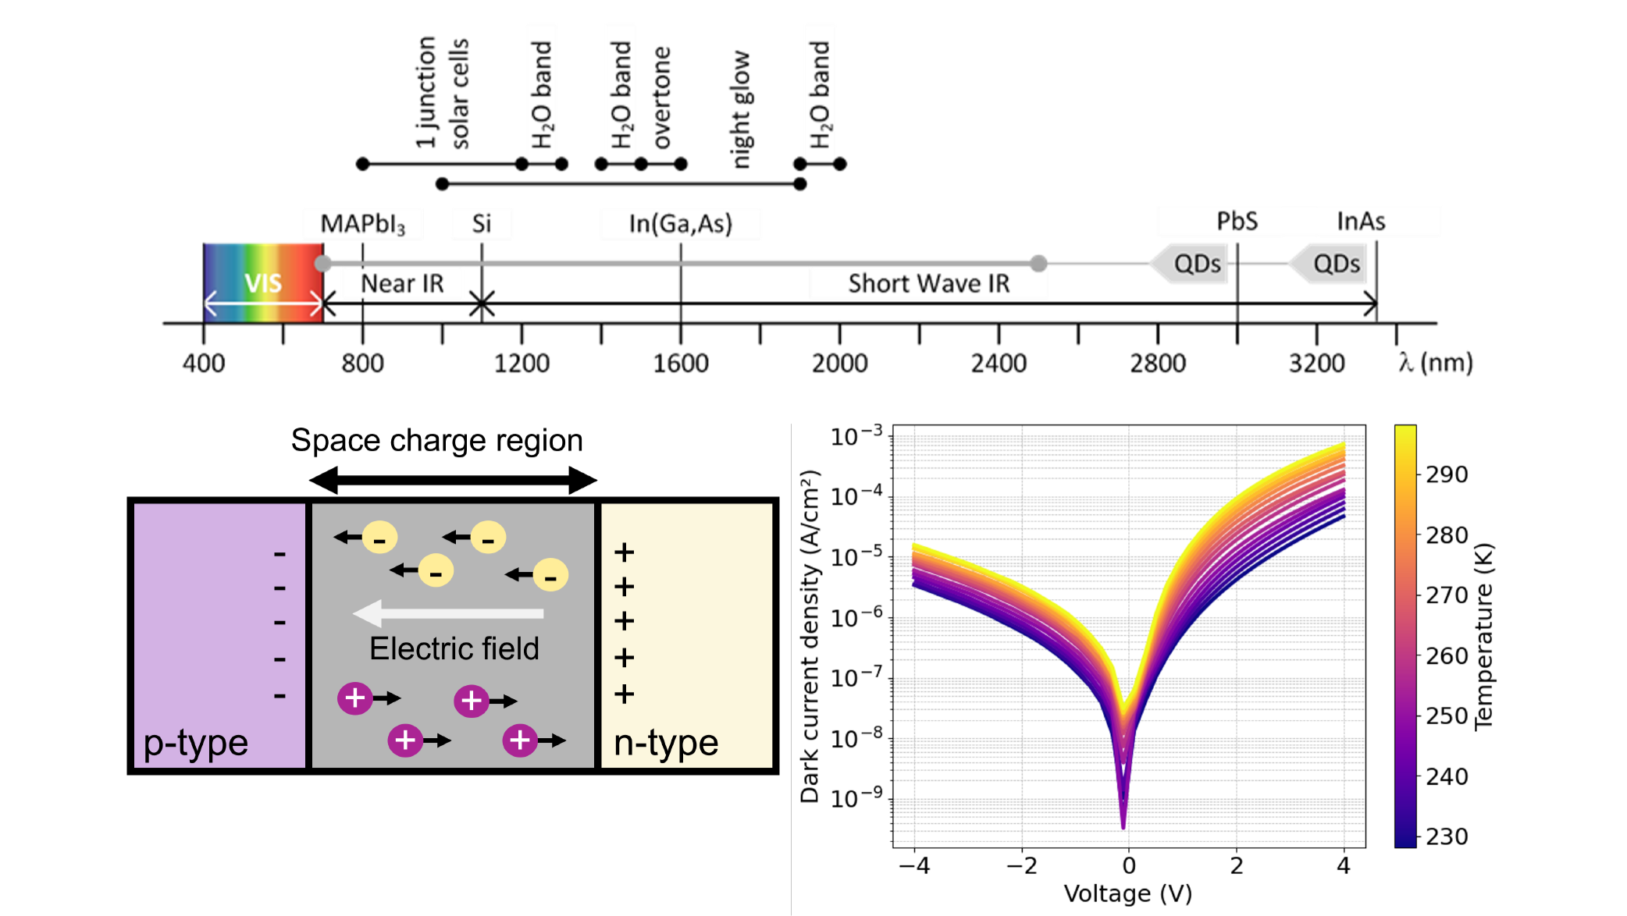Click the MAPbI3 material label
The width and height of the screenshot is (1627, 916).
[363, 225]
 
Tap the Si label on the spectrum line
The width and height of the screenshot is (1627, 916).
[482, 224]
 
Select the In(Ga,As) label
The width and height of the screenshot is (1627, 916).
[681, 224]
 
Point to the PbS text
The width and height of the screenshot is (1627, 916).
[1237, 222]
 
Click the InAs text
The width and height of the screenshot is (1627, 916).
[1361, 222]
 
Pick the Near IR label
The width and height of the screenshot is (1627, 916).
[402, 284]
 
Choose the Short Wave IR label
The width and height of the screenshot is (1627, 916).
[929, 284]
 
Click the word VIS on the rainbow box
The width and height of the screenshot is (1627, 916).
[263, 283]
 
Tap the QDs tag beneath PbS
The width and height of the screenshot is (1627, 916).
[1196, 264]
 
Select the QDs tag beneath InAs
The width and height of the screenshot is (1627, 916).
[1336, 264]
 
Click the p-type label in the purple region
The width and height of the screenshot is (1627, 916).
[196, 743]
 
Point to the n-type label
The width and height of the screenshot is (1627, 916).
[666, 743]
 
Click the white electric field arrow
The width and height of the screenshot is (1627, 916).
[448, 613]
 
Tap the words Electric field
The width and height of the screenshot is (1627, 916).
[454, 648]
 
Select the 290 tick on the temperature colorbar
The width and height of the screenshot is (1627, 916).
[1447, 474]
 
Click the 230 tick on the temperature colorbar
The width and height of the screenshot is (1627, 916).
[1447, 836]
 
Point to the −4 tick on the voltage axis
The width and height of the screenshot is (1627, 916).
[914, 866]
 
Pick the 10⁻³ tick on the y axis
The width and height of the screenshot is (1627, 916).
[856, 436]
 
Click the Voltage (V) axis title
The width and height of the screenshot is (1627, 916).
[1128, 894]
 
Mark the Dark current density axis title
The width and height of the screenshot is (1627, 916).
[810, 636]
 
